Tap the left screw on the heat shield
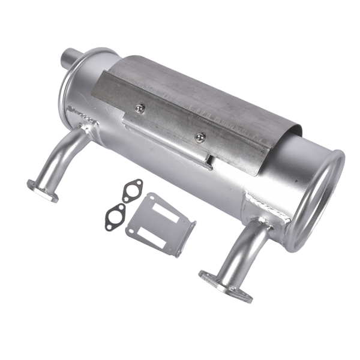pyautogui.click(x=140, y=108)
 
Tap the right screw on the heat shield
pyautogui.click(x=200, y=137)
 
